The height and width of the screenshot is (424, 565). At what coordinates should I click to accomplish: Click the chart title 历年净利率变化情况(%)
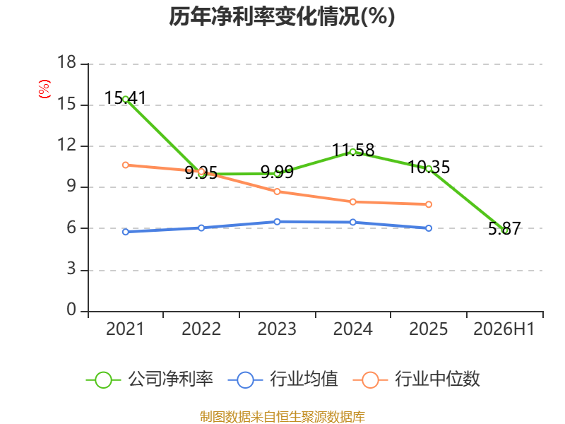[282, 16]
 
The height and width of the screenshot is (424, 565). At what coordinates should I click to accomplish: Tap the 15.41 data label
[126, 98]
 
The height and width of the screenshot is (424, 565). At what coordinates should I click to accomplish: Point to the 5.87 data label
[504, 228]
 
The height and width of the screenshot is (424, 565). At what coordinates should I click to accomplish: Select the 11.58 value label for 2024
[353, 150]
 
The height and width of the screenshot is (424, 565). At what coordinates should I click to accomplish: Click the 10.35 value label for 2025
[429, 167]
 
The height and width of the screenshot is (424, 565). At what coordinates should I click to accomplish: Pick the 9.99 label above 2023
[277, 172]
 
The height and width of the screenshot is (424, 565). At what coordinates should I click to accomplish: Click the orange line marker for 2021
[126, 165]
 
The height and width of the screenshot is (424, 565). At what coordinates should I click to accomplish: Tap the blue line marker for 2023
[277, 222]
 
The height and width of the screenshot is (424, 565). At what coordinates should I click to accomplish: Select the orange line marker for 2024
[353, 202]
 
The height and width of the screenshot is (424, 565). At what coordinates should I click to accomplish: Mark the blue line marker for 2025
[429, 228]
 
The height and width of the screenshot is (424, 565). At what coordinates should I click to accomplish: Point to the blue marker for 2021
[126, 232]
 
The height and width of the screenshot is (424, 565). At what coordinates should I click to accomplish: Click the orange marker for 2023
[277, 192]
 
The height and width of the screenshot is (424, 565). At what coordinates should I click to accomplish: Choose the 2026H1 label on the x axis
[504, 329]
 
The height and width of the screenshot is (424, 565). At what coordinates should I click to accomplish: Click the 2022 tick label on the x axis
[201, 329]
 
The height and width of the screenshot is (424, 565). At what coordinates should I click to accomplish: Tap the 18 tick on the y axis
[66, 62]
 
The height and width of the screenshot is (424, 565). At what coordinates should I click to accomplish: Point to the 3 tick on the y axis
[71, 269]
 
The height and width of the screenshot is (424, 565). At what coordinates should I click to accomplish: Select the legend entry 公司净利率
[150, 379]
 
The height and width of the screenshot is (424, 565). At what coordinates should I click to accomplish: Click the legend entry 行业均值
[283, 379]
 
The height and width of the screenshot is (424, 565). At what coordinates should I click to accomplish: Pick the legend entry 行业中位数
[417, 379]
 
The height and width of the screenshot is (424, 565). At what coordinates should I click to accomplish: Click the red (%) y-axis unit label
[44, 89]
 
